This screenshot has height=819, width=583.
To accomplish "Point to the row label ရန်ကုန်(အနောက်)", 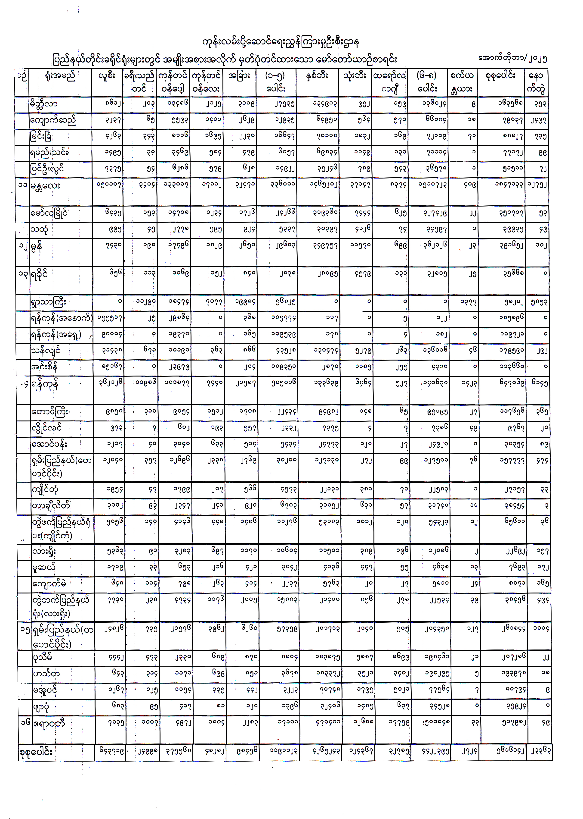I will [61, 318].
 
